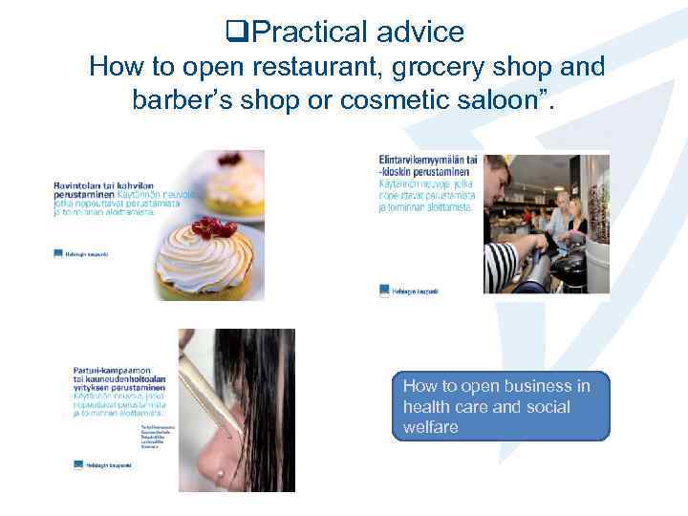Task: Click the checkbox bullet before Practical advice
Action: click(237, 32)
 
